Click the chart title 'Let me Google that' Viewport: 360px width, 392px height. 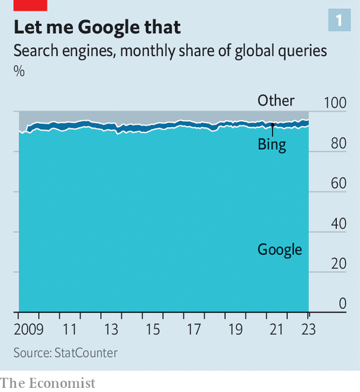click(97, 27)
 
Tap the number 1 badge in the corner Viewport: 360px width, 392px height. click(339, 21)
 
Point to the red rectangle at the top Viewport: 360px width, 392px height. click(30, 5)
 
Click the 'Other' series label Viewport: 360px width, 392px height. click(276, 101)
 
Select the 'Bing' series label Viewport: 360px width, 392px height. click(272, 144)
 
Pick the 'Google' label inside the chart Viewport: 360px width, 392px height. click(279, 249)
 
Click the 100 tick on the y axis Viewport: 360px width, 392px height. click(335, 102)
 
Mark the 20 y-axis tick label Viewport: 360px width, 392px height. click(339, 264)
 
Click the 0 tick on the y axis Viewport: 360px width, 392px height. click(342, 304)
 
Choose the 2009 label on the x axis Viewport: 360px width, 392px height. click(28, 329)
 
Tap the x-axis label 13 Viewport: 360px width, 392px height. click(111, 329)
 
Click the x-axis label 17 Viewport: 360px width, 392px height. click(195, 329)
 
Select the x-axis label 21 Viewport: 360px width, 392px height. click(278, 329)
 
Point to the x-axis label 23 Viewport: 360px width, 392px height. click(308, 329)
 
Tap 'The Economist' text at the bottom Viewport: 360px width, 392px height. click(47, 383)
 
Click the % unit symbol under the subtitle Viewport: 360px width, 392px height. click(20, 71)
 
